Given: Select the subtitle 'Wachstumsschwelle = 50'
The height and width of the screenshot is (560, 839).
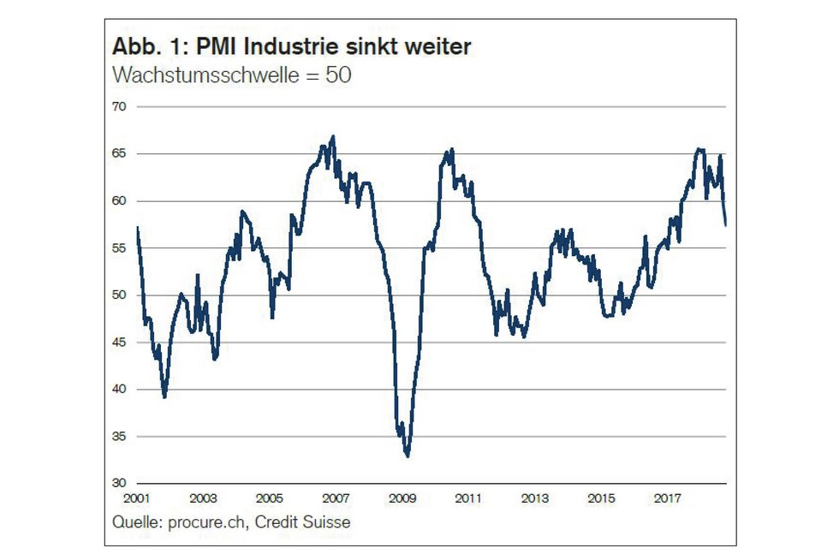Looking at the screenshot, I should [x=232, y=74].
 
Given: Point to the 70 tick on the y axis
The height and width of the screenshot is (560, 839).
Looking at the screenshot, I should [x=119, y=107].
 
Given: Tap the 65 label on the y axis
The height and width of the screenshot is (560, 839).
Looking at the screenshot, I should [x=119, y=154].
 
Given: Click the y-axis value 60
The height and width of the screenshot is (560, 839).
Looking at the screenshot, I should [x=119, y=201].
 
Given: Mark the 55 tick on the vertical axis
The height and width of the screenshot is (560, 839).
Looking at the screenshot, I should [x=119, y=248].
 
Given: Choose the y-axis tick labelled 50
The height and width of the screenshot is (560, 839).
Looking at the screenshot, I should [x=119, y=295].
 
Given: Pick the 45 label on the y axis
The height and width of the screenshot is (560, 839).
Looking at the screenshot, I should [x=119, y=343].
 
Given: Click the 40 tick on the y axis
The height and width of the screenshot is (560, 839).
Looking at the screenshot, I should [x=119, y=390].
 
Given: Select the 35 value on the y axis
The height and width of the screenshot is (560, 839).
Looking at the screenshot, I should [x=119, y=437].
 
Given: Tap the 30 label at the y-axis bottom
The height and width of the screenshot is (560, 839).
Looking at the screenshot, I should [x=119, y=484].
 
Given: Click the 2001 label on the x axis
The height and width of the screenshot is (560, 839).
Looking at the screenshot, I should [x=136, y=497].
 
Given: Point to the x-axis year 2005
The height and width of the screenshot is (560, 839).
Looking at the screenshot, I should [x=269, y=497].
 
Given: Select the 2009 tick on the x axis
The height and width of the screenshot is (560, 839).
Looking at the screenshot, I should [x=402, y=497].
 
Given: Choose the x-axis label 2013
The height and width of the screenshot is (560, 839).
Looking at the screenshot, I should [x=534, y=497].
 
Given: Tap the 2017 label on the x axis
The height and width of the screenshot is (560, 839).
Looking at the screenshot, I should [x=667, y=497].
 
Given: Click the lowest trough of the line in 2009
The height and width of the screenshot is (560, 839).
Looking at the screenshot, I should [x=408, y=456].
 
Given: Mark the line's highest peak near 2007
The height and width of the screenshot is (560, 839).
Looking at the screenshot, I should [x=332, y=137].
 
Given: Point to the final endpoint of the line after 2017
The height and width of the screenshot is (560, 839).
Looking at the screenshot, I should [x=726, y=225].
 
